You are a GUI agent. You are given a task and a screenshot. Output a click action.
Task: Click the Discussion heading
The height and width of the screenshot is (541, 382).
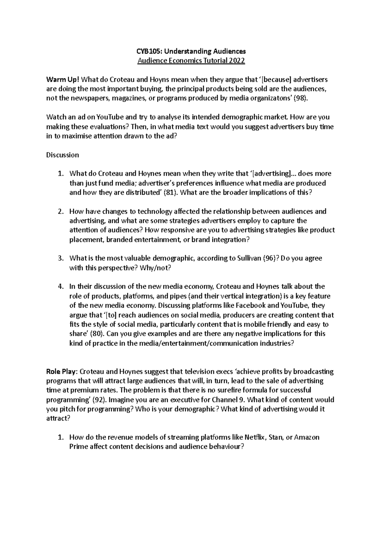click(x=62, y=155)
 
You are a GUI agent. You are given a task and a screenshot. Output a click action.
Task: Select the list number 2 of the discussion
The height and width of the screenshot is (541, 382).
click(x=61, y=212)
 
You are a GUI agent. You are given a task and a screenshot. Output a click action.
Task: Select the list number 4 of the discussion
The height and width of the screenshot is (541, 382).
click(x=61, y=286)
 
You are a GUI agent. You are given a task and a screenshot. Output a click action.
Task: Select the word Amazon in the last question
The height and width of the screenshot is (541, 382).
click(x=307, y=437)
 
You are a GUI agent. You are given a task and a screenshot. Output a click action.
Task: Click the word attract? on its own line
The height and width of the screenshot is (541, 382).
click(x=58, y=419)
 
